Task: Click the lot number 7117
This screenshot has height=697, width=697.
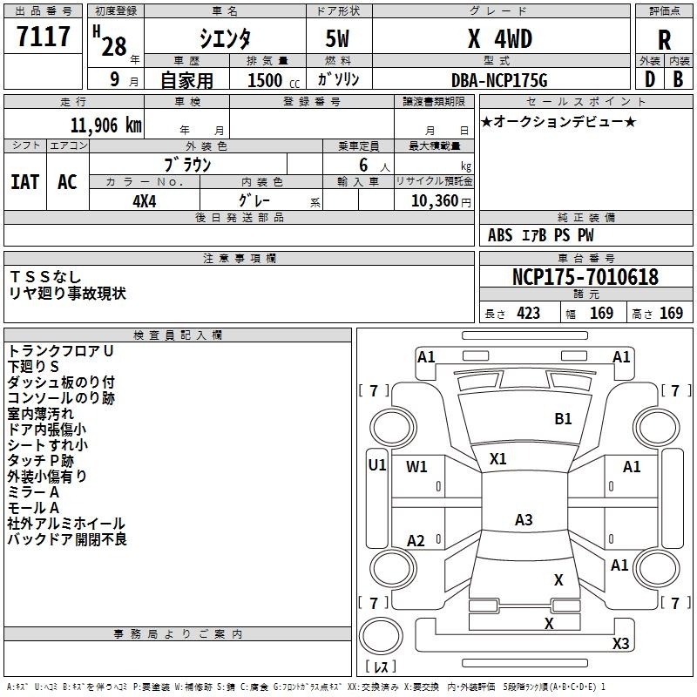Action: (x=43, y=36)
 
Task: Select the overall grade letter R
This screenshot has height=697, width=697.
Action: (x=664, y=39)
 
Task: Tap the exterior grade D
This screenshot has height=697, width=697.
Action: (x=650, y=79)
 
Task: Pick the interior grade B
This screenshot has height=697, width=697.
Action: (x=678, y=79)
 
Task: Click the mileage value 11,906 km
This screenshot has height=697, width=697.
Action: (x=106, y=125)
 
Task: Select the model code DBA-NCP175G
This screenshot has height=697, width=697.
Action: (x=499, y=80)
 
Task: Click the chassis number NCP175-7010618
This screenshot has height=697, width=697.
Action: (x=585, y=276)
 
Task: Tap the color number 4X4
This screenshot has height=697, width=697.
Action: (x=145, y=201)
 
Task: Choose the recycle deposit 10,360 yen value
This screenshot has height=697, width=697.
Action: (x=441, y=201)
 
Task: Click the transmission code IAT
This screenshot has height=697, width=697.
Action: (x=25, y=182)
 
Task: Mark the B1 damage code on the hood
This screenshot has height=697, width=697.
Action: (x=563, y=419)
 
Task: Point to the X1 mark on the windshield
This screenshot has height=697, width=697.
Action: (x=497, y=459)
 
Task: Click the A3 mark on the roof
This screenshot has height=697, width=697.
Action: (x=524, y=519)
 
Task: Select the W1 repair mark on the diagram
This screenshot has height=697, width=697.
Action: (x=416, y=466)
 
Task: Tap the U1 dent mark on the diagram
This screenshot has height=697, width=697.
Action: (x=377, y=465)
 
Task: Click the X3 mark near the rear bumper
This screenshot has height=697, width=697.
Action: (x=620, y=643)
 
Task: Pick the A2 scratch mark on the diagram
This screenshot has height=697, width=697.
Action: (x=416, y=540)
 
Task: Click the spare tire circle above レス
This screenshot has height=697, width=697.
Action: (x=381, y=636)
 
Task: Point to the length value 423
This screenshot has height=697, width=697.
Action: (x=529, y=314)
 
